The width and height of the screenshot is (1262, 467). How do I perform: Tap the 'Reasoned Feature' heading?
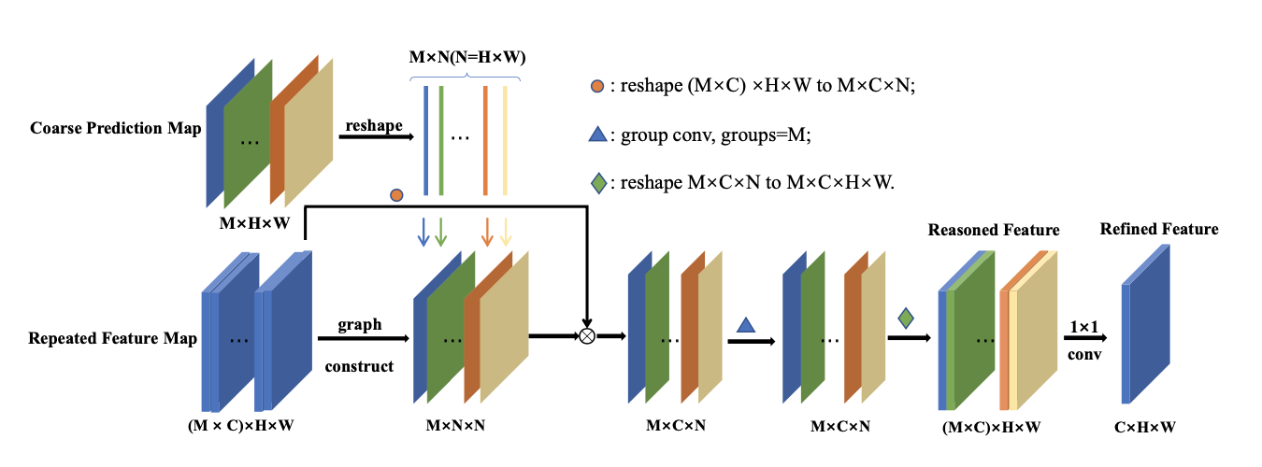(993, 230)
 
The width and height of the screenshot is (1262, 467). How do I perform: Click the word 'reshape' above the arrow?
(374, 125)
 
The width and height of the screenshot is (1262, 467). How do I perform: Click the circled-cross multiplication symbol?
(587, 335)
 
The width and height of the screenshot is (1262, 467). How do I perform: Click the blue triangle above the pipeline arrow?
(745, 326)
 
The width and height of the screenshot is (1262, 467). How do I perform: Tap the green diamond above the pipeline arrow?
(905, 318)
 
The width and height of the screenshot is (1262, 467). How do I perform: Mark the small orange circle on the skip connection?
(396, 194)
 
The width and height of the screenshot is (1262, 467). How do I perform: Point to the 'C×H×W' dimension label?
(1145, 426)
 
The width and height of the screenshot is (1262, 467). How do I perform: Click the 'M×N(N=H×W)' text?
(468, 58)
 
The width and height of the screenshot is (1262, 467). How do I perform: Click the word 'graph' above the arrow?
(360, 325)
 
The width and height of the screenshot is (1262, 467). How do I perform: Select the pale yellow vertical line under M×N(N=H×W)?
(505, 140)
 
